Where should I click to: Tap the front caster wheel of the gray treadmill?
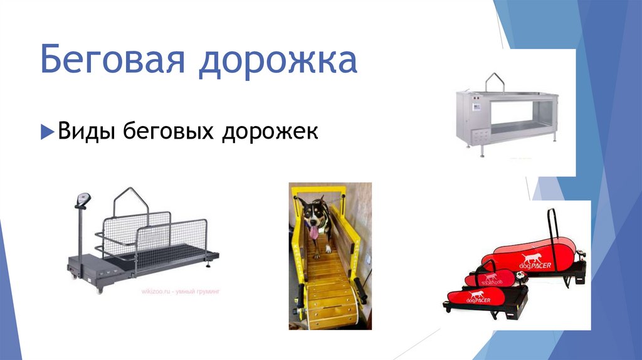pyautogui.click(x=98, y=289)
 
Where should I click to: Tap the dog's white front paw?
pyautogui.click(x=317, y=254)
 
